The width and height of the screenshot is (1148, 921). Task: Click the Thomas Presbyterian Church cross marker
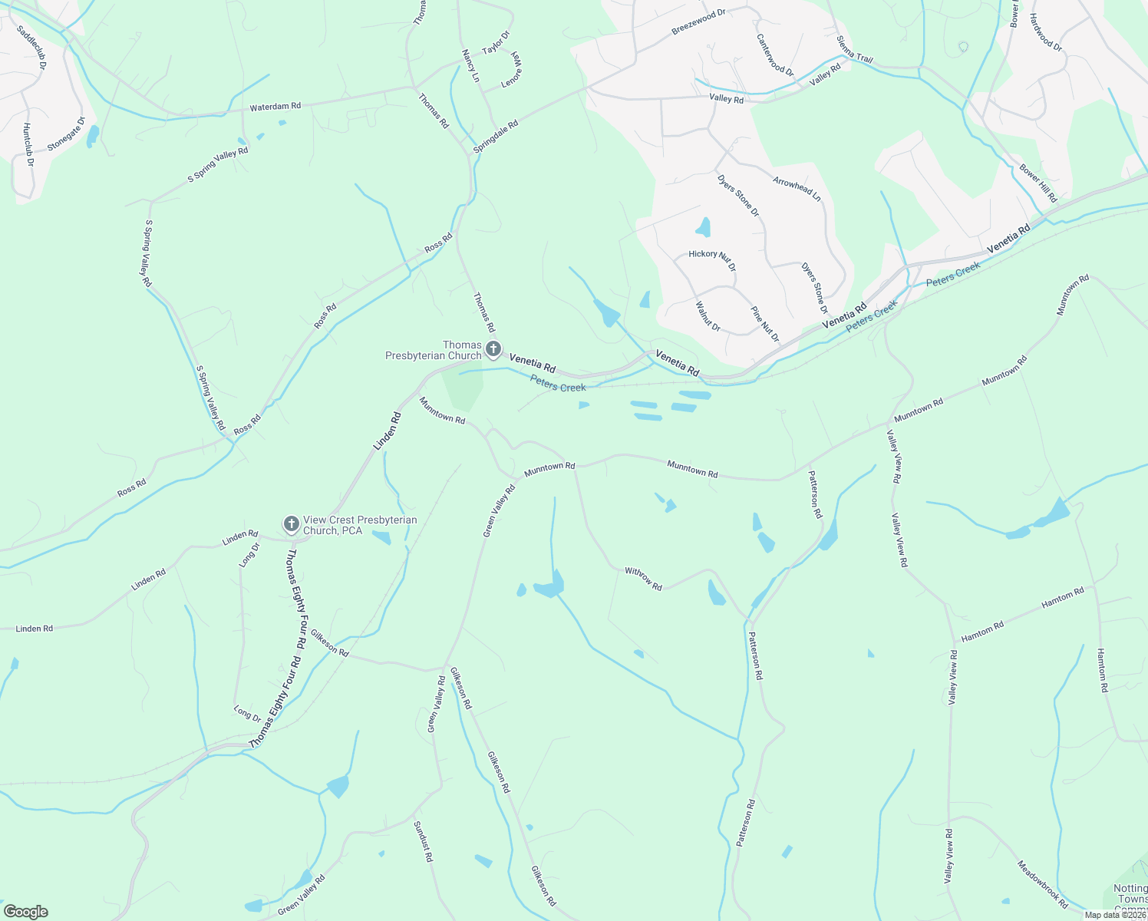[493, 349]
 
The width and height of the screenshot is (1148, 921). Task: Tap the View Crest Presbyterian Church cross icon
[291, 524]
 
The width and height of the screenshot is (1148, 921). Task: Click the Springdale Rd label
[496, 136]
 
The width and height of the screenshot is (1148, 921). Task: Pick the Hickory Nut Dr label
[712, 260]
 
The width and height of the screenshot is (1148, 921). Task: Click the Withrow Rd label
[643, 578]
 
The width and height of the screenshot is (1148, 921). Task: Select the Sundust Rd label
[424, 842]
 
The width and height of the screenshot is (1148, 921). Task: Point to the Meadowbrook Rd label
[1043, 884]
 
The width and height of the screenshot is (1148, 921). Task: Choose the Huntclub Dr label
[28, 146]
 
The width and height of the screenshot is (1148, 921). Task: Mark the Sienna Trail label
[855, 49]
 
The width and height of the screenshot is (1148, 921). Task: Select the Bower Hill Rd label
[1038, 183]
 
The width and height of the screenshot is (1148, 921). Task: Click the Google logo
[25, 912]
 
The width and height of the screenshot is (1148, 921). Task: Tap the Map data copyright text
[1115, 915]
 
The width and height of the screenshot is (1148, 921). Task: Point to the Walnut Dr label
[708, 316]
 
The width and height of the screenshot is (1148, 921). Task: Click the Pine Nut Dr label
[764, 324]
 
